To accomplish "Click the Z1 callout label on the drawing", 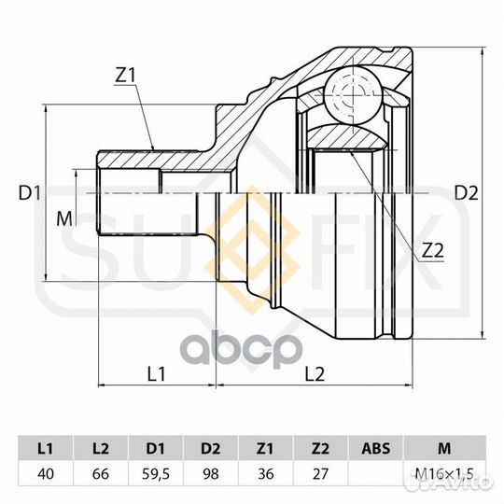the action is tap(126, 76).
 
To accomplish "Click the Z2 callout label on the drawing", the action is tap(432, 250).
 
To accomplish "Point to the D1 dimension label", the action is tap(30, 193).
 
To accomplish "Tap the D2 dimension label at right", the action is tap(467, 193).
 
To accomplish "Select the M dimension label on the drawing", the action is tap(64, 219).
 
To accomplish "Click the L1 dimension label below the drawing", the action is tap(156, 374).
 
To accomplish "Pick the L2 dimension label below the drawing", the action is tap(315, 374).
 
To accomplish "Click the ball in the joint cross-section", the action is tap(354, 94).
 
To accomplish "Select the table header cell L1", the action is tap(46, 448).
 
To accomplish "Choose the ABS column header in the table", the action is tap(376, 448).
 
